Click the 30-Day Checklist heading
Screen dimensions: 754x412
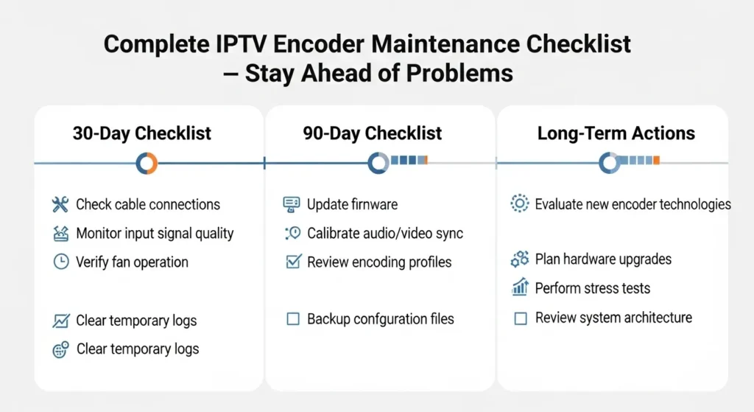(142, 133)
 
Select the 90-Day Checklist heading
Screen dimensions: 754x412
(372, 133)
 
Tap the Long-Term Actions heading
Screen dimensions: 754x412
(616, 133)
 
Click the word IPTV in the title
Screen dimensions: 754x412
(241, 44)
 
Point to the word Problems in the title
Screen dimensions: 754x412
(459, 74)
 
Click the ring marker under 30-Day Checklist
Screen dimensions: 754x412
(147, 164)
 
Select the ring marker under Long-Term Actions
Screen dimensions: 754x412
(610, 163)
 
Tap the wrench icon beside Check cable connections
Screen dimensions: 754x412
(60, 205)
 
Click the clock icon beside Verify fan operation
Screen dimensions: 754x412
(61, 262)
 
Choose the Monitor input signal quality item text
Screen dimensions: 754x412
(155, 234)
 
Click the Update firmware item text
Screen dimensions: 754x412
(353, 205)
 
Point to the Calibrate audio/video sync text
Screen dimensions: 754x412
(385, 234)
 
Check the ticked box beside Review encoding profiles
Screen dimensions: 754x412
(293, 262)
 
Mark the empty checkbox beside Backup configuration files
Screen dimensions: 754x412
(293, 318)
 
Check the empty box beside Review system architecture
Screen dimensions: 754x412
(521, 318)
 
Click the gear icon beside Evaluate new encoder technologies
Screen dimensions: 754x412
(519, 203)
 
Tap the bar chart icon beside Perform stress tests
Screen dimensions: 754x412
(521, 287)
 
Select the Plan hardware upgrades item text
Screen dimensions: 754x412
(603, 259)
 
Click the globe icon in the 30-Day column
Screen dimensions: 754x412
(60, 349)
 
